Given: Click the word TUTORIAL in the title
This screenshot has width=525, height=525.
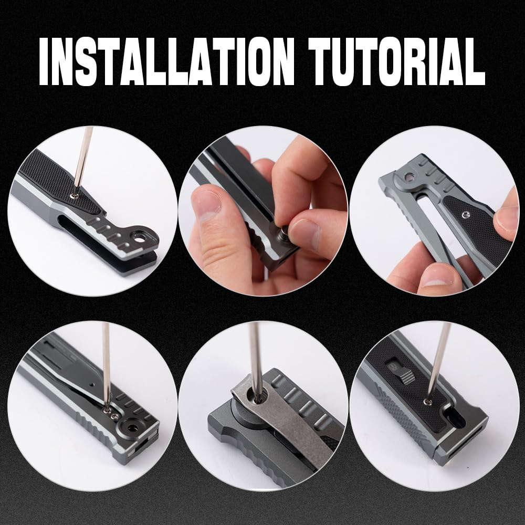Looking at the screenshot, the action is pos(396,61).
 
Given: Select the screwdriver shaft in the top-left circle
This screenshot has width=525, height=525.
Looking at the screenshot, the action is pos(82,159).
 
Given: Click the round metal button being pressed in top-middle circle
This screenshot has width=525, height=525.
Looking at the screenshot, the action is pos(281,232).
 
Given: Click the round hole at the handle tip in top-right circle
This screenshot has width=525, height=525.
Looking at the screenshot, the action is pos(407,176).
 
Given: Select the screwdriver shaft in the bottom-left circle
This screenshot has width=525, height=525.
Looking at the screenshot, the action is pos(106,365).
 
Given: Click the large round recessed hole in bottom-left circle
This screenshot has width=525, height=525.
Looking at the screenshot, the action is pos(131,426).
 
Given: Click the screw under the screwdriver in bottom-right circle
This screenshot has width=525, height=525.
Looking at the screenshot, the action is pos(426,401).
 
